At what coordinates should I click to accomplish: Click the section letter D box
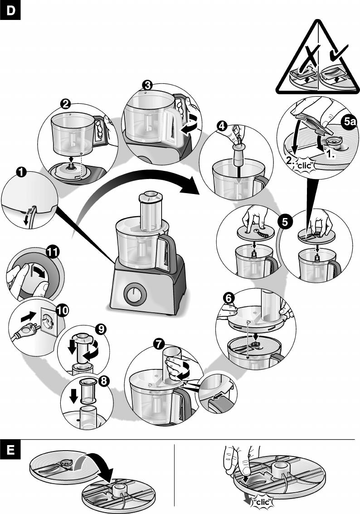pyautogui.click(x=10, y=12)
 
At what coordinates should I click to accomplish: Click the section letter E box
pyautogui.click(x=10, y=451)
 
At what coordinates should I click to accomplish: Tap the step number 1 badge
pyautogui.click(x=21, y=172)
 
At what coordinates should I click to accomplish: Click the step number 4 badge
pyautogui.click(x=222, y=127)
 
